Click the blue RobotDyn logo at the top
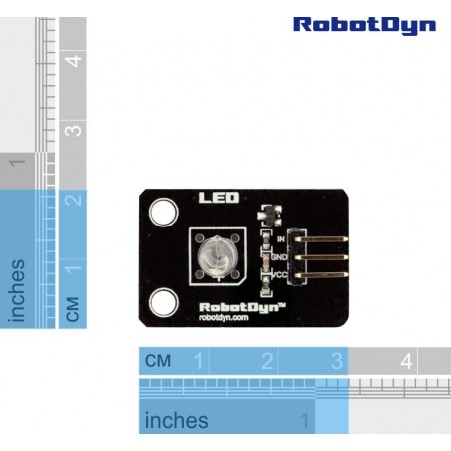coord(364,26)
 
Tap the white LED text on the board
coord(219,198)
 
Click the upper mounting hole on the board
coord(163,213)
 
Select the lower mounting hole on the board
coord(164,302)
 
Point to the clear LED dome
coord(215,256)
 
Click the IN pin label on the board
coord(281,239)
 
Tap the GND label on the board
coord(279,257)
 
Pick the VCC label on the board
coord(280,275)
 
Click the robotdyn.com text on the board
coord(224,317)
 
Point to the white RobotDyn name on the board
coord(242,307)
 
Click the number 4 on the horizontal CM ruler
coord(406,361)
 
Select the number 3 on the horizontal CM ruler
coord(337,361)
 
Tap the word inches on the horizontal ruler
coord(177,420)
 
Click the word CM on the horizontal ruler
coord(158,361)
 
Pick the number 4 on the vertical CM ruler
coord(73,61)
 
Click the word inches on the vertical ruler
coord(18,291)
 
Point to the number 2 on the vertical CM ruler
coord(73,200)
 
